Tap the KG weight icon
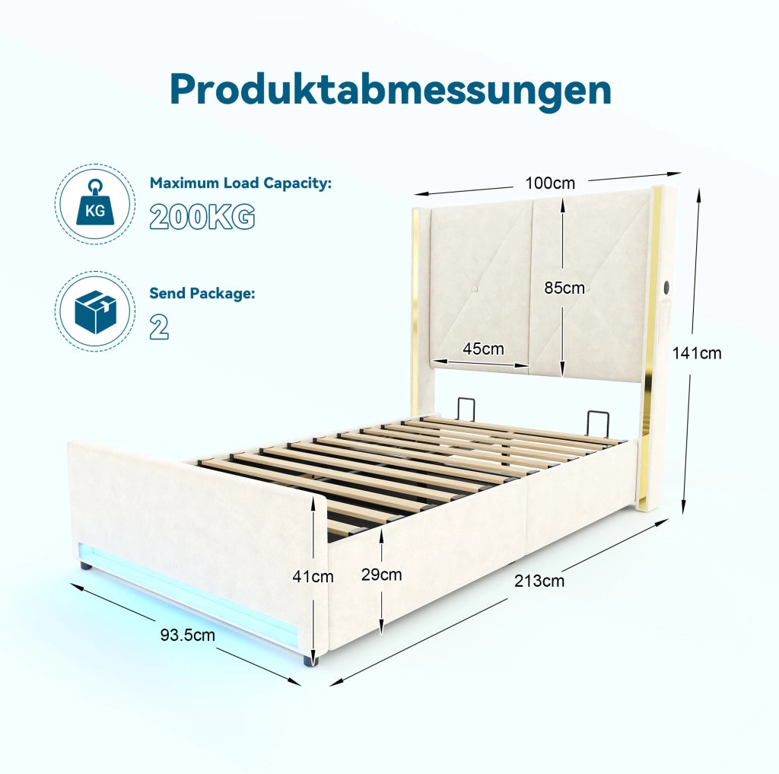click(x=95, y=203)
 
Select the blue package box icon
click(x=95, y=312)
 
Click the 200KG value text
click(x=202, y=217)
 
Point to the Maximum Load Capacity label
click(x=240, y=183)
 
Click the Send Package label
click(x=202, y=293)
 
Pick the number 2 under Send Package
click(x=159, y=327)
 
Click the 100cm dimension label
click(x=550, y=183)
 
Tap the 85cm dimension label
click(x=564, y=288)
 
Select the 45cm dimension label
click(x=483, y=349)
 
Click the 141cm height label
click(x=697, y=353)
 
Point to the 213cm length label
click(x=539, y=581)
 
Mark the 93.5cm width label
click(x=187, y=635)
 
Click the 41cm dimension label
click(x=313, y=577)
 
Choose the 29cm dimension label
click(x=382, y=575)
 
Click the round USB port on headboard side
click(x=666, y=288)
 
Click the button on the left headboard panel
click(x=475, y=288)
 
